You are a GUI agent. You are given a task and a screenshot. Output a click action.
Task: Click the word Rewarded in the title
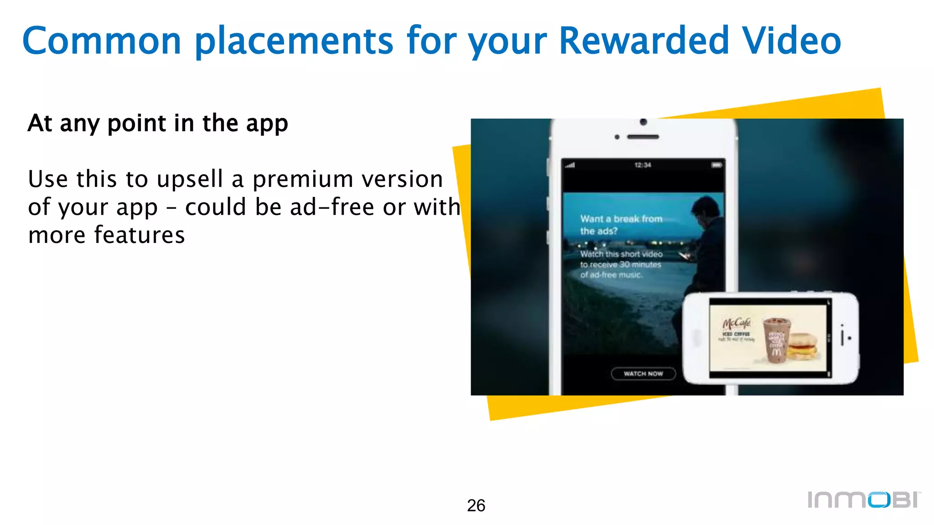pos(643,41)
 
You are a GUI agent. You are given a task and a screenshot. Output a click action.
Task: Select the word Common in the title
pos(102,41)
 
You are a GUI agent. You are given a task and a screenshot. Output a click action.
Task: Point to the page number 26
pos(476,505)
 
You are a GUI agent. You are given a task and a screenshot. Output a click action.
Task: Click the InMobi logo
pos(864,499)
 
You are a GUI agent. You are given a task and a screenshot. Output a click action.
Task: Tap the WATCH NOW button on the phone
pos(643,374)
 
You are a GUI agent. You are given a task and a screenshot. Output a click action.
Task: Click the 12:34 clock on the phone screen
pos(643,165)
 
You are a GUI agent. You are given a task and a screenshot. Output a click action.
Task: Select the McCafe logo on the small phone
pos(736,324)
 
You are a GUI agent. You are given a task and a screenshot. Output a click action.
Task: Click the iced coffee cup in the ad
pos(777,339)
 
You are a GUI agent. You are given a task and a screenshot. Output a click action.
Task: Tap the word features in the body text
pos(140,235)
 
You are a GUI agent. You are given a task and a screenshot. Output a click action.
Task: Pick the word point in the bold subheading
pos(137,124)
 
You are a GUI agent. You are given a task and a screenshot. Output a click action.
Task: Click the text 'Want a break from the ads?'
pos(620,225)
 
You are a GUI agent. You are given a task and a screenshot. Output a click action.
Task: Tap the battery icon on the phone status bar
pos(716,165)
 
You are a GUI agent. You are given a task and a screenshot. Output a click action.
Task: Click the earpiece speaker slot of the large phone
pos(643,137)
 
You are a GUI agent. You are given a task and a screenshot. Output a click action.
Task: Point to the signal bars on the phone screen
pos(571,165)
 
